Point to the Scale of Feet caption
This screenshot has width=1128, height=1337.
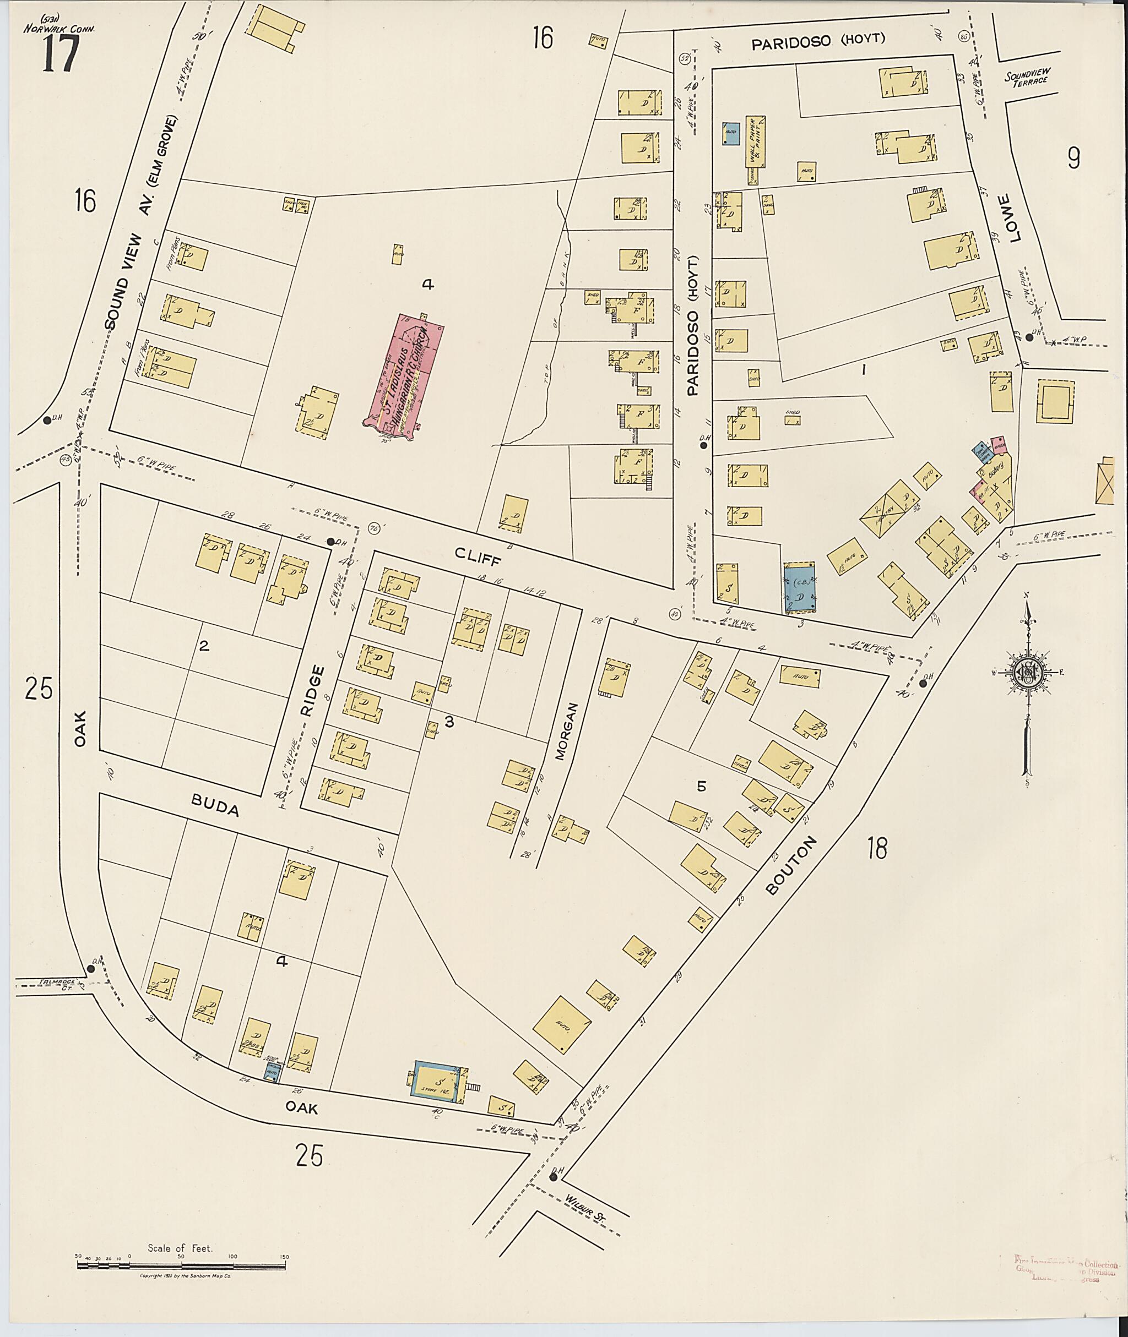click(180, 1247)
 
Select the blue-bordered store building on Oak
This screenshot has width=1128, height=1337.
click(440, 1082)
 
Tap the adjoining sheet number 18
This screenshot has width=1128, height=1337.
click(878, 849)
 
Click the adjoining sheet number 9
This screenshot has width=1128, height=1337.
click(1073, 157)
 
